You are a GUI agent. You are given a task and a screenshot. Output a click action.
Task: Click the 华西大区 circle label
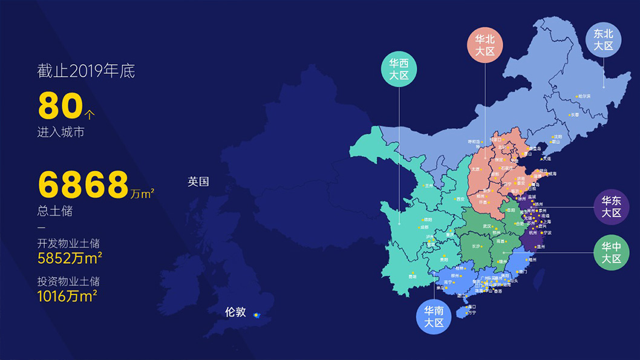point(399,69)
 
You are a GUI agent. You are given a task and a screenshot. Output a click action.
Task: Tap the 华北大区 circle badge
point(485,44)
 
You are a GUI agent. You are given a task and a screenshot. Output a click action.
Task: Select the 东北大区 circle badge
point(603,39)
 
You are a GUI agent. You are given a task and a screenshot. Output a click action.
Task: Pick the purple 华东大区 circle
point(612,207)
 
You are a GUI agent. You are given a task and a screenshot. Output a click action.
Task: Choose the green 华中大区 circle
point(612,252)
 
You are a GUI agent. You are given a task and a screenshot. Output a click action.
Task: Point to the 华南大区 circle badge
point(434,316)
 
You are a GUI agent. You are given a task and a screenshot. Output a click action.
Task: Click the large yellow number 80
point(60,105)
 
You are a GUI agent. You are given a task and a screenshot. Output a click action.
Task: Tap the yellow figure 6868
point(83,185)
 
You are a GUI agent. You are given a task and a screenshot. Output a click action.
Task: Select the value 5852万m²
point(69,258)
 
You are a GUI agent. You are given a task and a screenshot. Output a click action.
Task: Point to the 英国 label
point(198,182)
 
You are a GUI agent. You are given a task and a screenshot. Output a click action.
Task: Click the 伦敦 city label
point(235,312)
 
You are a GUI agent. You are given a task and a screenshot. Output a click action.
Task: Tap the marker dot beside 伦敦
point(256,315)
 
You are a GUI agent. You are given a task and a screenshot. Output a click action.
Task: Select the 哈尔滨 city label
point(584,96)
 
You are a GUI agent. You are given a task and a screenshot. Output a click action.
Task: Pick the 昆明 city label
point(413,277)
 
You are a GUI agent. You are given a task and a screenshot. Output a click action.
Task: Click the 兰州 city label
point(429,186)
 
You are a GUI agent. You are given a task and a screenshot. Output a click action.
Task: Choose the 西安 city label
point(460,199)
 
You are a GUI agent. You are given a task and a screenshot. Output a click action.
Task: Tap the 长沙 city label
point(477,246)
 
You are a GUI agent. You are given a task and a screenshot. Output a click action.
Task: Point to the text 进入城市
point(60,132)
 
